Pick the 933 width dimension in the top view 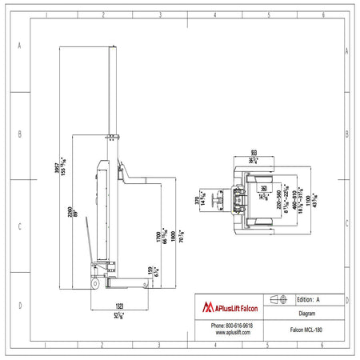coord(254,151)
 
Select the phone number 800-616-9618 coord(231,326)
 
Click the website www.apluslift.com coord(231,333)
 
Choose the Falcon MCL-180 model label coord(308,329)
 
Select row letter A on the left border coord(18,46)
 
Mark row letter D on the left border coord(18,306)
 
